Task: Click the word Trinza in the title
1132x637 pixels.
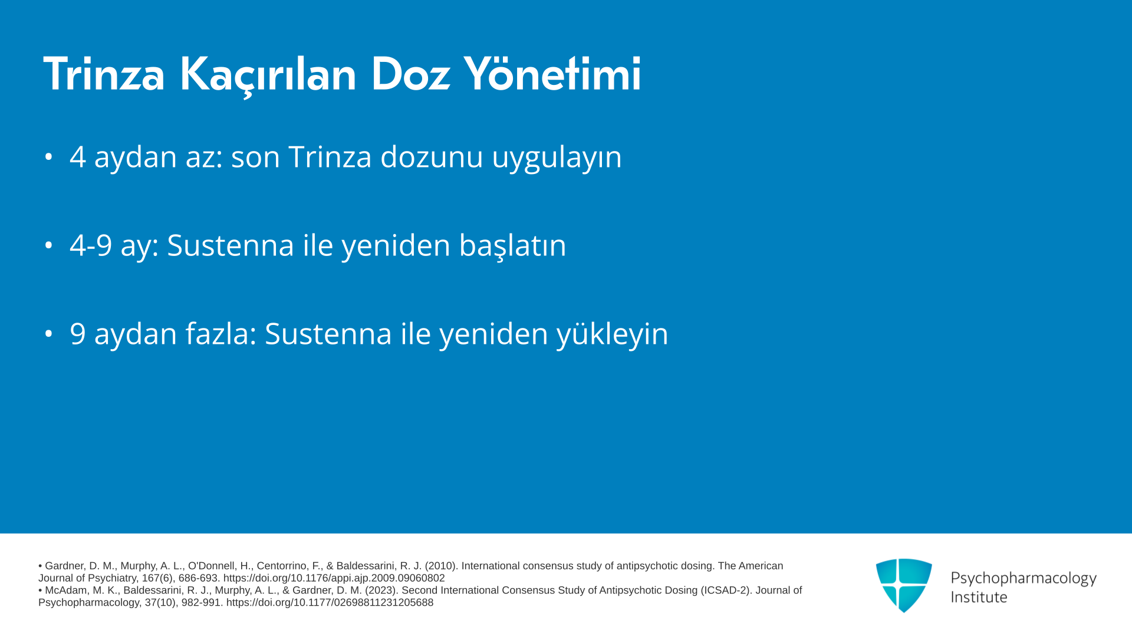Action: click(x=104, y=74)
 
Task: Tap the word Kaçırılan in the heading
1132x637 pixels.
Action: click(x=268, y=75)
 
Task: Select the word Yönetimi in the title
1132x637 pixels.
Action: click(x=552, y=74)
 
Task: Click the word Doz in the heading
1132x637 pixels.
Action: click(x=410, y=74)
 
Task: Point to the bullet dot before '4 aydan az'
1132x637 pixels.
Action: click(x=48, y=157)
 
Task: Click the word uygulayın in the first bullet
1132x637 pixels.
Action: click(x=557, y=158)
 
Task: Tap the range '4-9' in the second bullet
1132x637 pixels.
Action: click(x=91, y=245)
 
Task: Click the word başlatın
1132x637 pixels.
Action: click(x=512, y=245)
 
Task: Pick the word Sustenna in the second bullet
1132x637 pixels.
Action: click(x=231, y=245)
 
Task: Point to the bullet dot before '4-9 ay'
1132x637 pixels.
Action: click(x=48, y=245)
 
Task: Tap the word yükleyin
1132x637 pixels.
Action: click(x=613, y=334)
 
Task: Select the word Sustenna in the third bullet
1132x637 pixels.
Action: click(x=328, y=334)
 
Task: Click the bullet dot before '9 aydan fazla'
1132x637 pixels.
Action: click(x=48, y=334)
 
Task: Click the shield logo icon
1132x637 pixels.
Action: click(x=904, y=585)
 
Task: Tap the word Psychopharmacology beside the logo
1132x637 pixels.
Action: click(x=1024, y=578)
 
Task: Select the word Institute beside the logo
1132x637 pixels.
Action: click(x=979, y=597)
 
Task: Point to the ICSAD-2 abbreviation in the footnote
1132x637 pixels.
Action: click(x=725, y=590)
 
